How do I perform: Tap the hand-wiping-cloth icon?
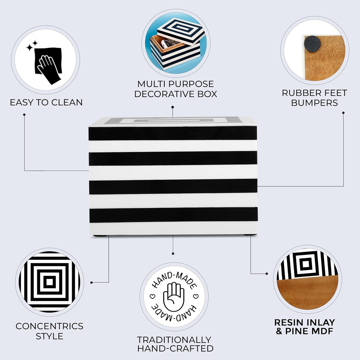click(x=48, y=65)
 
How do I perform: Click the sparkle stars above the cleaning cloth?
click(x=32, y=46)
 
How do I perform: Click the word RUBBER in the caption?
click(x=299, y=93)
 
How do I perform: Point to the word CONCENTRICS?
click(x=49, y=326)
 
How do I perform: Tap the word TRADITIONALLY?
click(x=174, y=340)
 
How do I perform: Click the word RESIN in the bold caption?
click(x=289, y=322)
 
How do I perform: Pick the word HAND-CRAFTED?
click(x=175, y=348)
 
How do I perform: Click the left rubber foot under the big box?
click(x=100, y=236)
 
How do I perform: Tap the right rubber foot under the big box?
click(x=250, y=235)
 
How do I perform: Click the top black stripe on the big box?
click(x=173, y=133)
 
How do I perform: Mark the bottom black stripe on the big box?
click(x=174, y=215)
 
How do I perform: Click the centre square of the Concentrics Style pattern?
click(x=49, y=282)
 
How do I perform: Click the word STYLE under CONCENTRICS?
click(x=49, y=336)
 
